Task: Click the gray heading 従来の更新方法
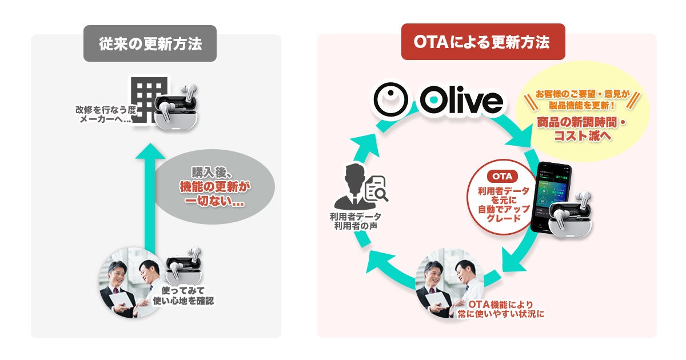[150, 43]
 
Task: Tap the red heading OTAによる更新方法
[483, 42]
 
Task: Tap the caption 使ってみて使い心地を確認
[183, 295]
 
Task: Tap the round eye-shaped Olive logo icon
[390, 101]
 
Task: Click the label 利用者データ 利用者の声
[355, 222]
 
